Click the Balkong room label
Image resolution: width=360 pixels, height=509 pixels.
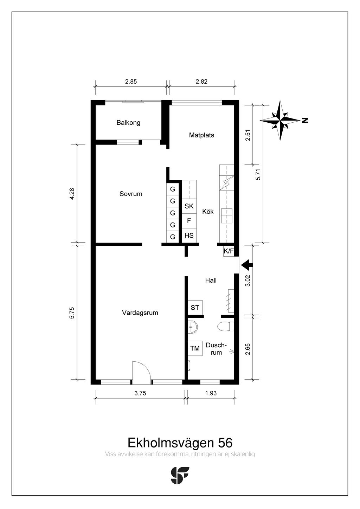coord(128,123)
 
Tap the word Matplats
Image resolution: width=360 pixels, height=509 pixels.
coord(201,135)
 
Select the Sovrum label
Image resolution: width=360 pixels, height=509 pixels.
coord(131,194)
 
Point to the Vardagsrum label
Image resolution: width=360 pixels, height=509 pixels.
coord(140,313)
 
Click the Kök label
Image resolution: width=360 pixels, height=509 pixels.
coord(208,212)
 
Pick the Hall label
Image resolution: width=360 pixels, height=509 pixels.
coord(211,281)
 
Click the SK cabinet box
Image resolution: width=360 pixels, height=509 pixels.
coord(189,206)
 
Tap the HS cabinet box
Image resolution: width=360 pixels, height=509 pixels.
coord(189,236)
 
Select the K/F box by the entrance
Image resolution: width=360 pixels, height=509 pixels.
coord(229,251)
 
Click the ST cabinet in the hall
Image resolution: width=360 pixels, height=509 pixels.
coord(195,308)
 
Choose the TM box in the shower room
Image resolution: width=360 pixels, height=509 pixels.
coord(195,348)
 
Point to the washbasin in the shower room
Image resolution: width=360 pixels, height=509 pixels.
coord(193,327)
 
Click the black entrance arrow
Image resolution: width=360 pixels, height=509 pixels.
coord(247,265)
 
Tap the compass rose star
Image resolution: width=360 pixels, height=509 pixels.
coord(280,121)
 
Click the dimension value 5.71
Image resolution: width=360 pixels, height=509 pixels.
coord(258,174)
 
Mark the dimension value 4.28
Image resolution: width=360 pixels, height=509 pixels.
coord(72,194)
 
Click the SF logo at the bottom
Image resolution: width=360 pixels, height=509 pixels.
coord(180,475)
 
